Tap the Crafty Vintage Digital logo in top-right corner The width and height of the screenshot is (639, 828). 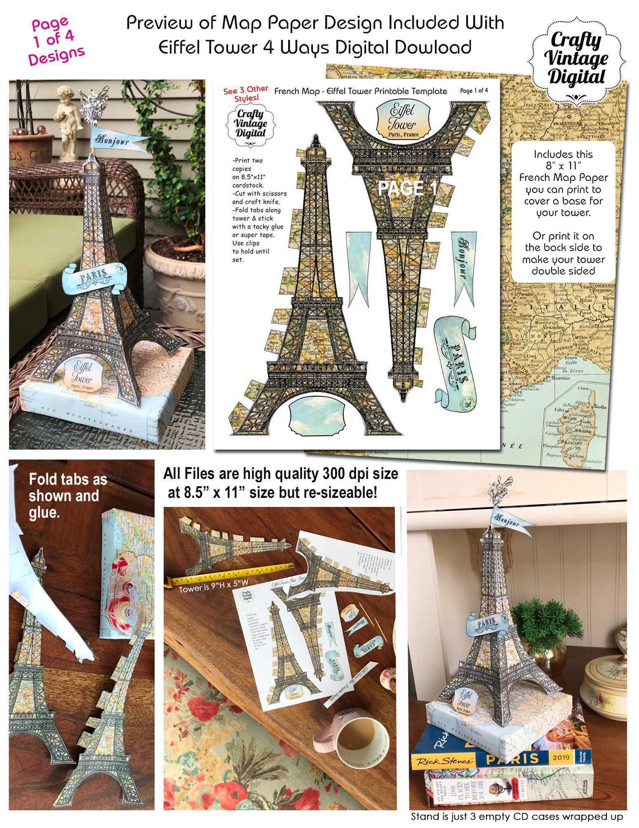(576, 59)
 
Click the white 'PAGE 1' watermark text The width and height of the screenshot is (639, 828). (407, 188)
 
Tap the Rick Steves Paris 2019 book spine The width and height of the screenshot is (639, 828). (501, 759)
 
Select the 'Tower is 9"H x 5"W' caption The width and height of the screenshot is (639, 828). (213, 588)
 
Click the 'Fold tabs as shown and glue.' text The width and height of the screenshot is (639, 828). (67, 496)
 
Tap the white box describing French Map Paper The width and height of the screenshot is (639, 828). (563, 212)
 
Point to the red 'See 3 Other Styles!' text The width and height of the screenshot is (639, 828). (246, 93)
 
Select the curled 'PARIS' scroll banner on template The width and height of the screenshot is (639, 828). (456, 359)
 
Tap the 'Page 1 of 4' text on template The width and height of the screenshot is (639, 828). (474, 90)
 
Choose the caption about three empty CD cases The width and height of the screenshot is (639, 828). (516, 817)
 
